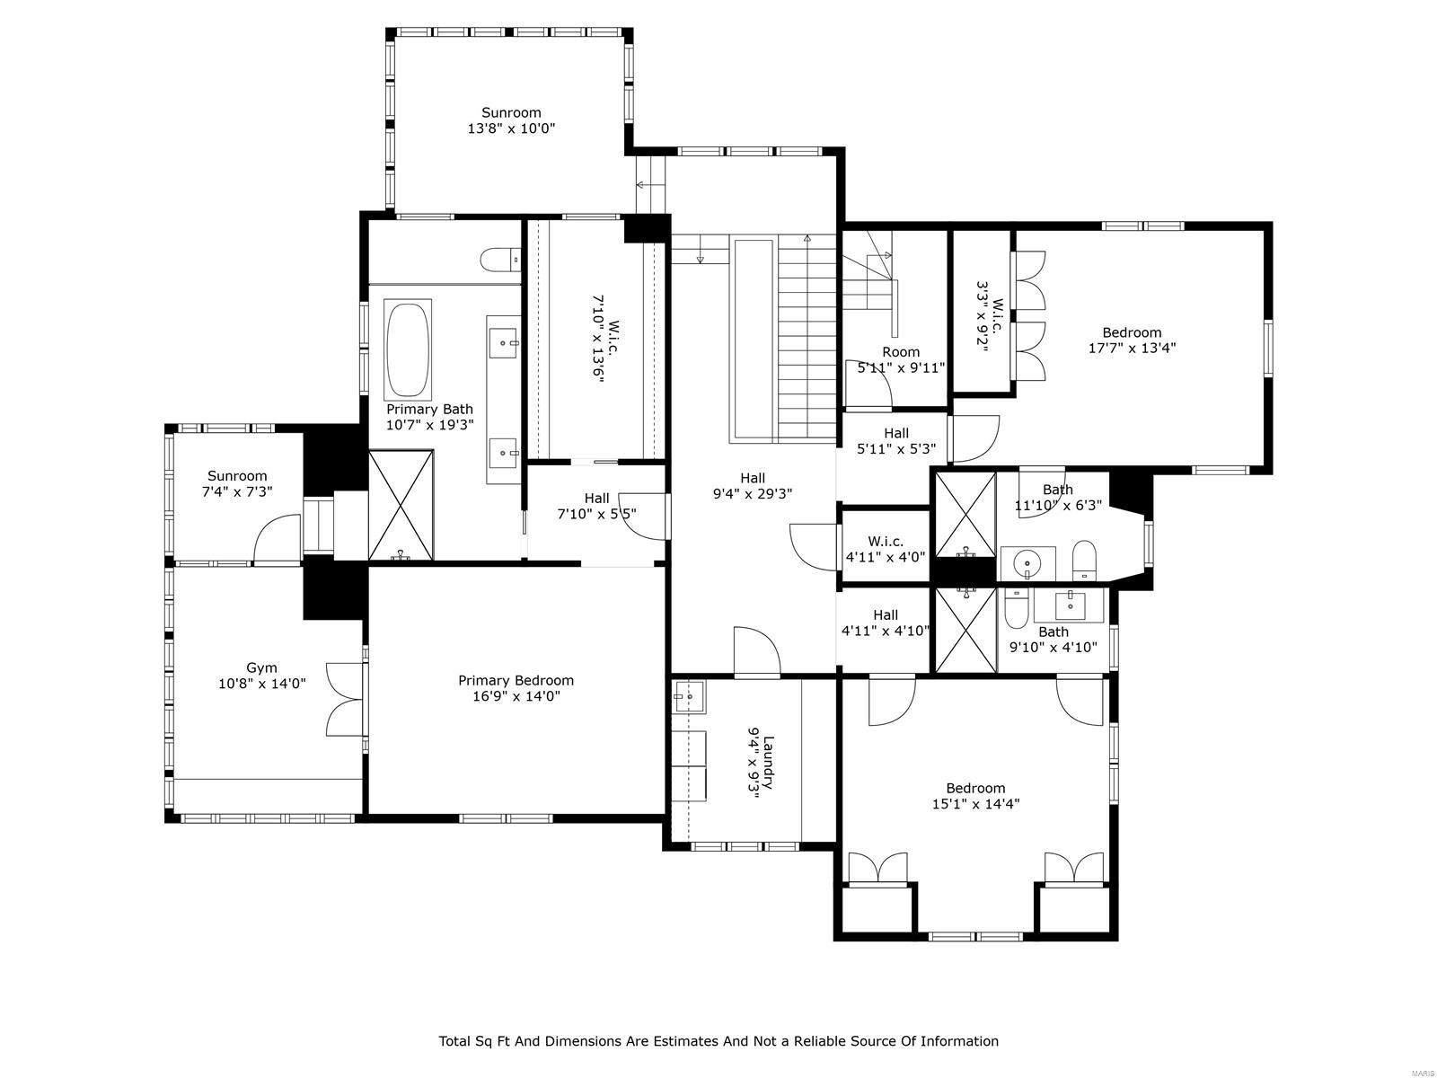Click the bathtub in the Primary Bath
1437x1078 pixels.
pyautogui.click(x=408, y=349)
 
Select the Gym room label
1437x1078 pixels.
pyautogui.click(x=261, y=667)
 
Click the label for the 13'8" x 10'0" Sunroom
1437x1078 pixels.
pyautogui.click(x=511, y=112)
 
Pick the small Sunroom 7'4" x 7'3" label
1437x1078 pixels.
pyautogui.click(x=237, y=476)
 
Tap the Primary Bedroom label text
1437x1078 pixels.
pyautogui.click(x=516, y=680)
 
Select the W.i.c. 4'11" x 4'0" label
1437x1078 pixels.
pyautogui.click(x=885, y=541)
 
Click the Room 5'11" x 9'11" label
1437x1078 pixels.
pyautogui.click(x=900, y=352)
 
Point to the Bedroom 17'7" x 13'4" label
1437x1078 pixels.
pyautogui.click(x=1132, y=332)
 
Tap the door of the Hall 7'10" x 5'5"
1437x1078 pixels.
pyautogui.click(x=642, y=516)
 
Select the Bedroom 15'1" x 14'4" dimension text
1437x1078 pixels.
pyautogui.click(x=975, y=804)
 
